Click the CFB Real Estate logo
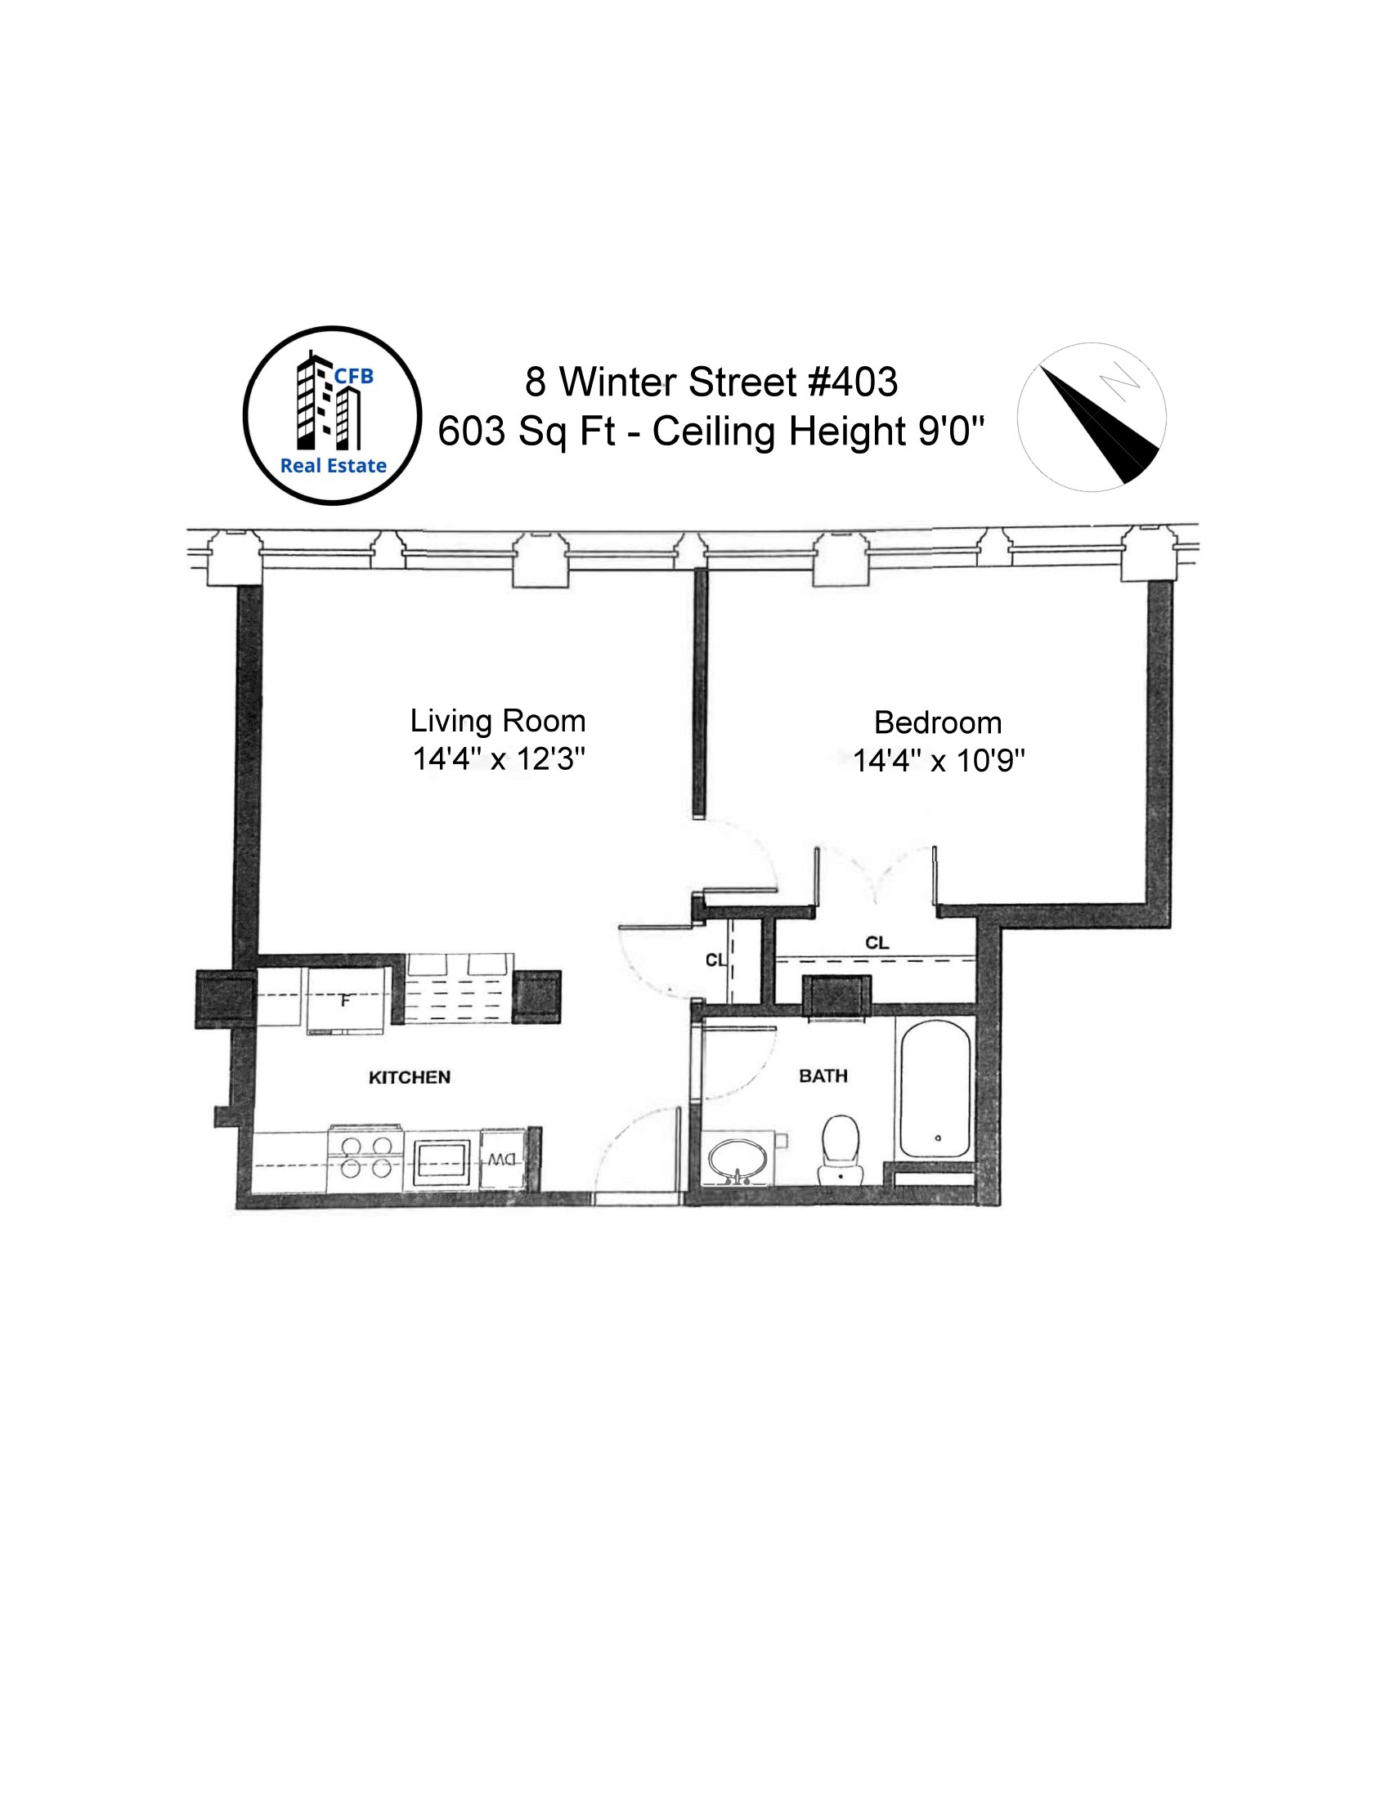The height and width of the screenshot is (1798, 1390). tap(332, 416)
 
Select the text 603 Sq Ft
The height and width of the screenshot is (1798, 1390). tap(527, 431)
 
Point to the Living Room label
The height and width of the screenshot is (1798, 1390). tap(498, 721)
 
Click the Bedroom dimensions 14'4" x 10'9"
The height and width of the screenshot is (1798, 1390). tap(938, 761)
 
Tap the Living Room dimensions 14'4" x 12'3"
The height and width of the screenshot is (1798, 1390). tap(498, 758)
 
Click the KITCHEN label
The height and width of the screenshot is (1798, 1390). tap(410, 1078)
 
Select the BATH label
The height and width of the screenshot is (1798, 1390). tap(823, 1076)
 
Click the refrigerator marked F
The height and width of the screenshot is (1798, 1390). tap(346, 1001)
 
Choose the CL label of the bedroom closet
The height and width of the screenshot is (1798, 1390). tap(877, 942)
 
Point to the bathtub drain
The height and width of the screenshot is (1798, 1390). tap(938, 1138)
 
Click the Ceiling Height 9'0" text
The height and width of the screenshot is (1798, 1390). tap(818, 431)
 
